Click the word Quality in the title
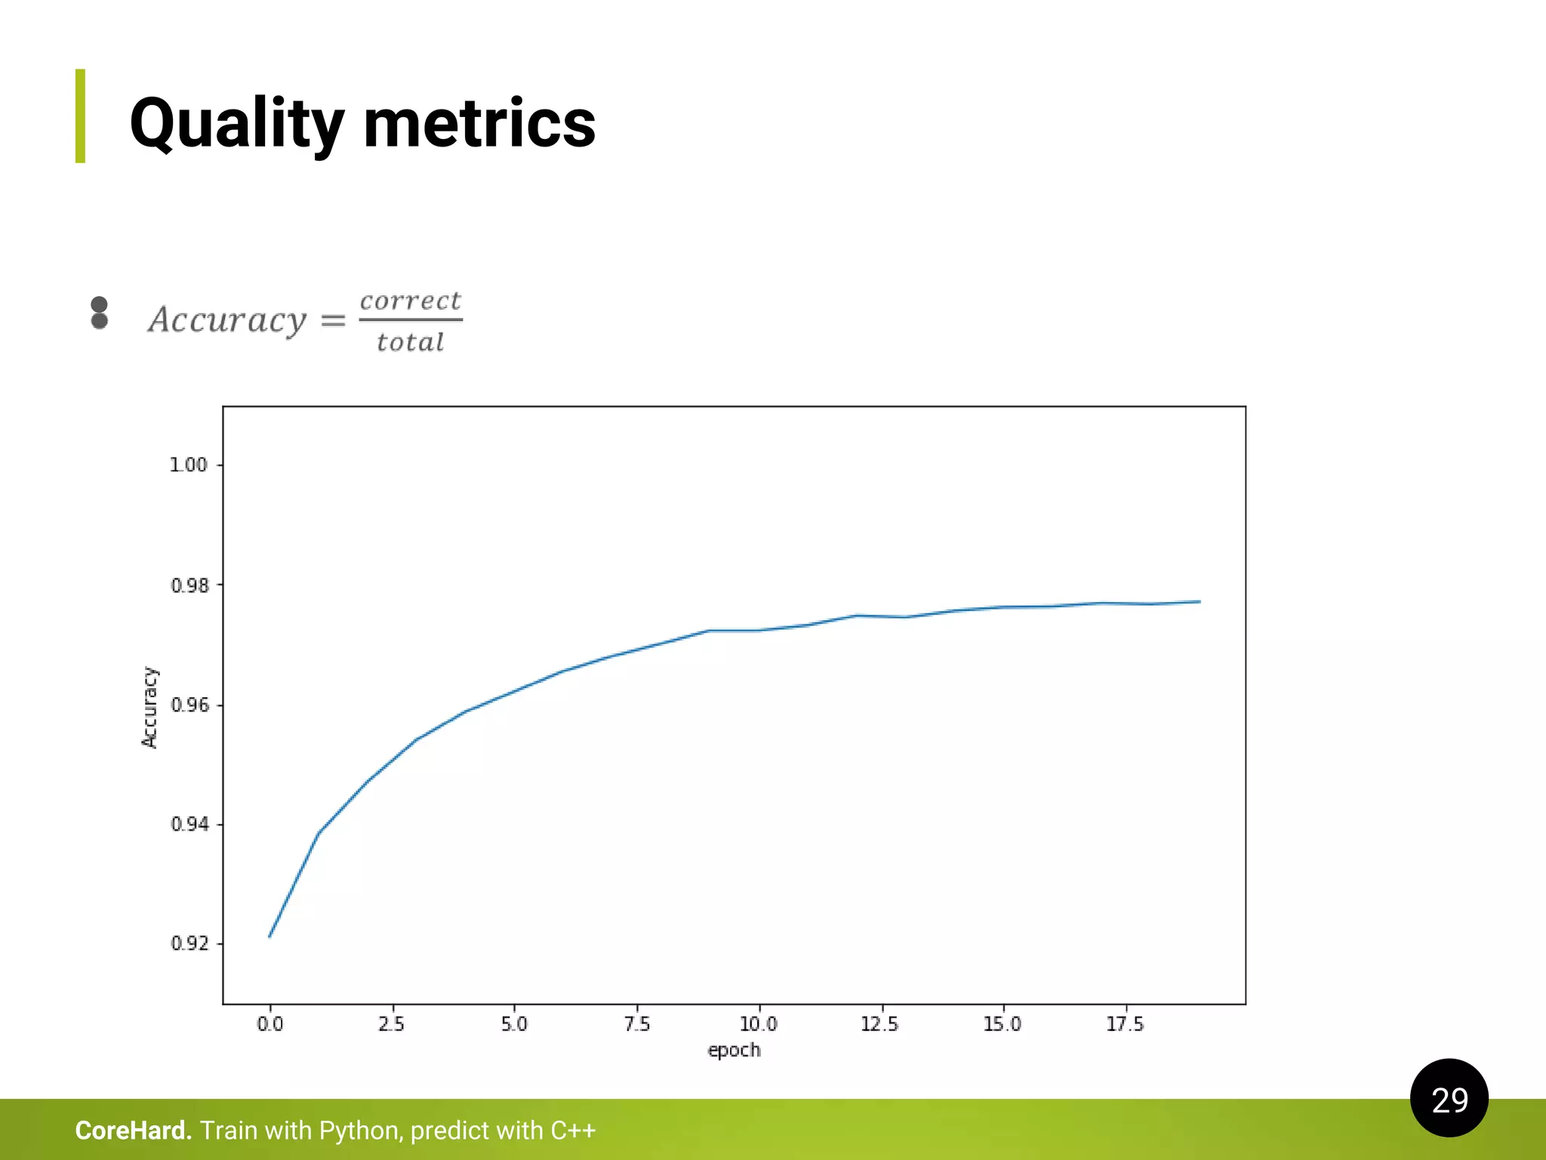point(236,124)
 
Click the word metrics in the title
point(479,124)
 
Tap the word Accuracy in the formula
point(227,320)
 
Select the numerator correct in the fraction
point(410,301)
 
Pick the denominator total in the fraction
point(410,343)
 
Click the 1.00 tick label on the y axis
point(188,465)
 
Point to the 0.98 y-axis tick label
point(189,585)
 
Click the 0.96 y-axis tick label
point(189,705)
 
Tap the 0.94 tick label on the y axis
point(189,825)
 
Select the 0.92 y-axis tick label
point(189,944)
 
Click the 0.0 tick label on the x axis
point(269,1025)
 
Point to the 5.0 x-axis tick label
point(514,1025)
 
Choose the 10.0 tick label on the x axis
point(758,1025)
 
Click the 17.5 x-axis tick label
point(1125,1025)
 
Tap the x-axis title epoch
point(734,1050)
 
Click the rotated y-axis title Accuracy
point(149,707)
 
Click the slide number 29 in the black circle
point(1449,1100)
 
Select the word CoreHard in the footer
point(133,1131)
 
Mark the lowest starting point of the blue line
point(269,936)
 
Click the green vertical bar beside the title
point(80,116)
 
